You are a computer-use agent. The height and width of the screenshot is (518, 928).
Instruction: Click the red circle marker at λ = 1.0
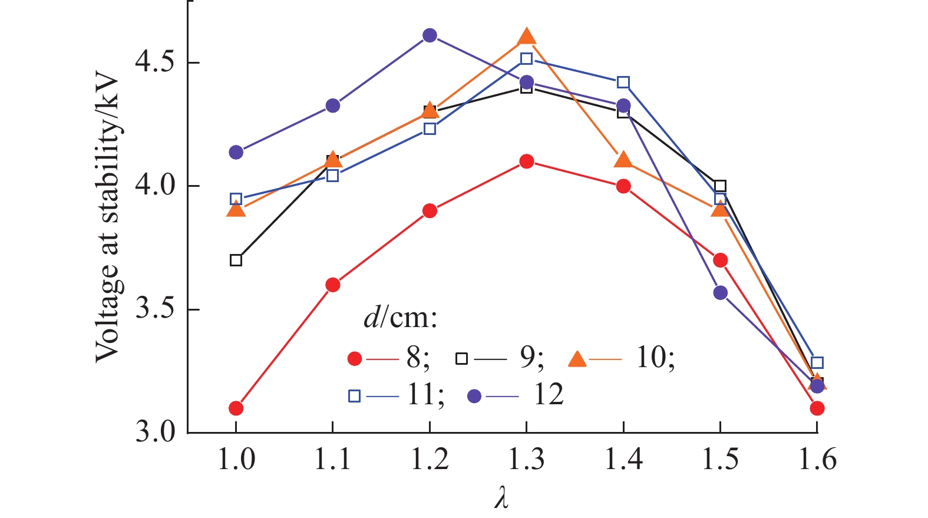(236, 408)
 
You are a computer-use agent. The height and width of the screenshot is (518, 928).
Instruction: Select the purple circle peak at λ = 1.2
(430, 35)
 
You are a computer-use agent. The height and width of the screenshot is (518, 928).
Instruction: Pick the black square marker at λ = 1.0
(236, 260)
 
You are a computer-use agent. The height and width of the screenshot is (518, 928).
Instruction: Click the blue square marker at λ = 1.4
(623, 83)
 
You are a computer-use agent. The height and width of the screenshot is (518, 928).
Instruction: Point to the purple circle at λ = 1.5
(720, 292)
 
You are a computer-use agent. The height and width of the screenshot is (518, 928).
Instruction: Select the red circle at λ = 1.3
(527, 161)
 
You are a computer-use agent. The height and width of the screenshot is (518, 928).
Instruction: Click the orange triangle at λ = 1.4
(623, 160)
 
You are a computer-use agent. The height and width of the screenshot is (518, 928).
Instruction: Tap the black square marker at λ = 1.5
(720, 186)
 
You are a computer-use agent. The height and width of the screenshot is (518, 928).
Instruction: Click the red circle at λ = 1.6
(817, 408)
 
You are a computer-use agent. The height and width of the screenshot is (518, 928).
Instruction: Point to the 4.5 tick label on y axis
(155, 62)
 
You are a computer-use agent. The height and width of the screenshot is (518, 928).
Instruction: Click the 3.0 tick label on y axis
(155, 432)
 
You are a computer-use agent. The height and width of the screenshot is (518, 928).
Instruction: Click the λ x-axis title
(501, 498)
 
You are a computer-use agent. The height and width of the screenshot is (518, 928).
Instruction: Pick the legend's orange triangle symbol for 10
(577, 359)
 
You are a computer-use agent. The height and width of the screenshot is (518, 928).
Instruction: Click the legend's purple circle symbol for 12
(474, 396)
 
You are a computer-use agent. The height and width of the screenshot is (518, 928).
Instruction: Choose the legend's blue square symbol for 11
(354, 396)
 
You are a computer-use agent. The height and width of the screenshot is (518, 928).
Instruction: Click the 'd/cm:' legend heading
(400, 319)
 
